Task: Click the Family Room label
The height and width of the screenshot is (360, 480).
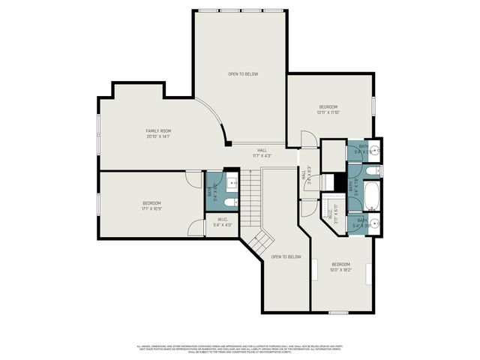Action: point(158,130)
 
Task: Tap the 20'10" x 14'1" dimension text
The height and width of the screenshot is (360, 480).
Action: point(158,136)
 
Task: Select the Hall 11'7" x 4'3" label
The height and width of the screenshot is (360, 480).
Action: point(262,152)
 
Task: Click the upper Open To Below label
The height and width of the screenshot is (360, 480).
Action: point(243,74)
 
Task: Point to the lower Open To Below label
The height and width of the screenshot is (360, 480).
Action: point(286,256)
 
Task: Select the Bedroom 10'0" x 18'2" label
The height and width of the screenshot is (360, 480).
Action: point(340,266)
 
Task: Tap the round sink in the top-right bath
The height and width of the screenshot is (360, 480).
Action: point(373,150)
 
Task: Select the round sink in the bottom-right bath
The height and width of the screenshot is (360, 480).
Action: point(373,224)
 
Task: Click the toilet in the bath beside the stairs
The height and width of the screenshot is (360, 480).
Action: point(230,200)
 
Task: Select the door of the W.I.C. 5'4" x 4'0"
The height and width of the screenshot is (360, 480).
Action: point(196,226)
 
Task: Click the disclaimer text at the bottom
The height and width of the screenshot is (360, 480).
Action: point(240,348)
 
